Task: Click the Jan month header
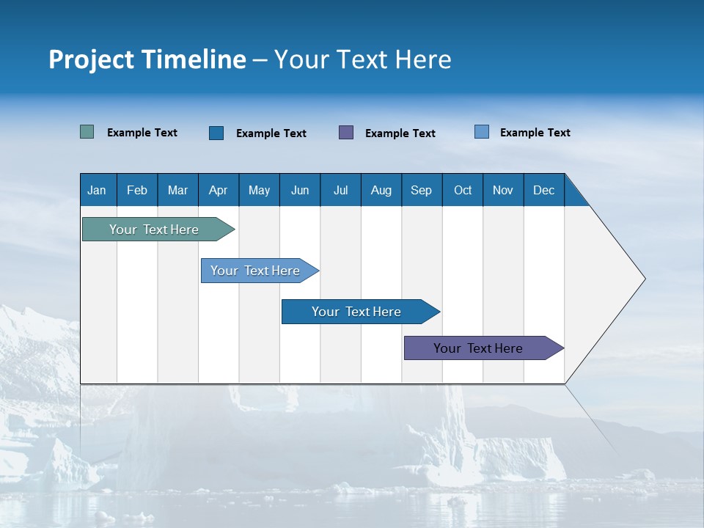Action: [98, 190]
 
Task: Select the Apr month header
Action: [219, 190]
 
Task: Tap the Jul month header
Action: [340, 190]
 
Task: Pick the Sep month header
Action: [422, 190]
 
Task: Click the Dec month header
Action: [543, 190]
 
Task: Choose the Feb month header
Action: [137, 190]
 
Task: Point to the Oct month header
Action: [463, 190]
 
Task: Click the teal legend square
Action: [87, 132]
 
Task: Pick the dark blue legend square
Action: [216, 133]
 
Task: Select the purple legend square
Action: [346, 133]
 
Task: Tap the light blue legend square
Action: [482, 132]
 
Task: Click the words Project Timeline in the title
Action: [147, 59]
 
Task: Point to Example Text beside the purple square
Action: [400, 133]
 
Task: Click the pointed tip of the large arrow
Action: [642, 279]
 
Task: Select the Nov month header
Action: [503, 190]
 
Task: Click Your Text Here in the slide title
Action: [363, 59]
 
